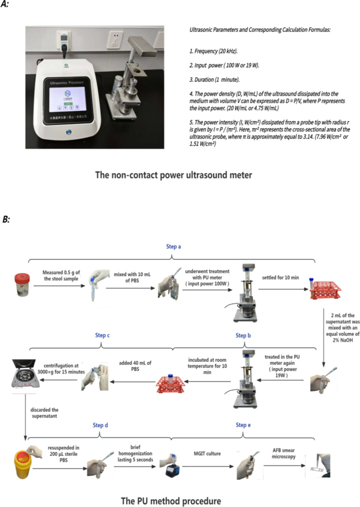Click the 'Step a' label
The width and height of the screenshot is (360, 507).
[x=173, y=246]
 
